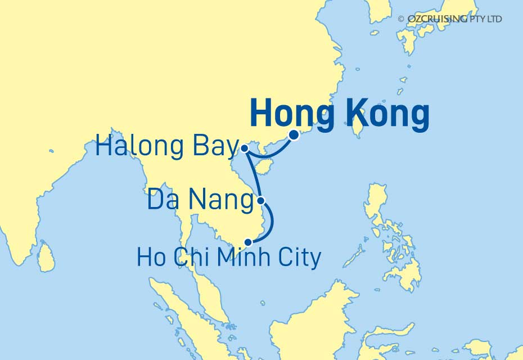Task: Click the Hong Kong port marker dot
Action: [x=293, y=135]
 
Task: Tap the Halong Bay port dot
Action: [x=245, y=148]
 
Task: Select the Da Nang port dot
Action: [x=260, y=200]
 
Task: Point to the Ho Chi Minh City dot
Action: [x=247, y=242]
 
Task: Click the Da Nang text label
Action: [x=200, y=201]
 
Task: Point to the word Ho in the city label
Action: [x=150, y=258]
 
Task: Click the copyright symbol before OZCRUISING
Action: [x=400, y=19]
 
